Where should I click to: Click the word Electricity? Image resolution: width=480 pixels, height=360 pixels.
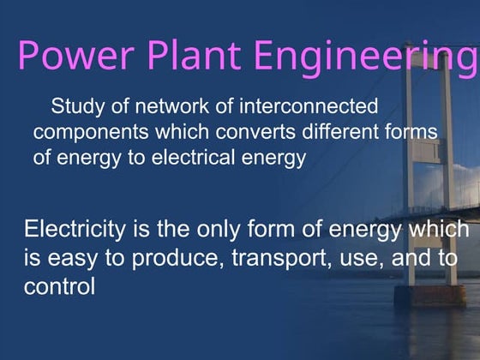coord(76,230)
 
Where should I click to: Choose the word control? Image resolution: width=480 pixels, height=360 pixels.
coord(59,286)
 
